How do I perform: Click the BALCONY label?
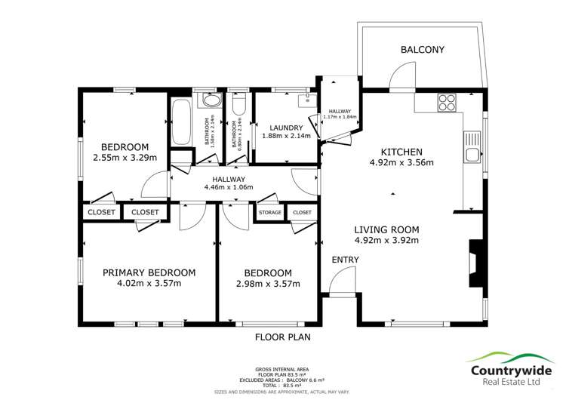[x=422, y=50]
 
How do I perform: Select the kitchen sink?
[x=472, y=148]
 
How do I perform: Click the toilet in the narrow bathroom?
[x=238, y=106]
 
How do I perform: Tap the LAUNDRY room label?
[x=282, y=128]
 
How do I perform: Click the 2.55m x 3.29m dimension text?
[x=125, y=158]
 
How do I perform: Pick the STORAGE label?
[x=270, y=213]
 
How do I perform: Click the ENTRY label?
[x=345, y=260]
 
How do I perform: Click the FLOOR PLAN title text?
[x=282, y=337]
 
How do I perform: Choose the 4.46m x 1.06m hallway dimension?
[x=228, y=187]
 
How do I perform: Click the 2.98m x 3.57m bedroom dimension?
[x=268, y=284]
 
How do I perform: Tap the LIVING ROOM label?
[x=386, y=229]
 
